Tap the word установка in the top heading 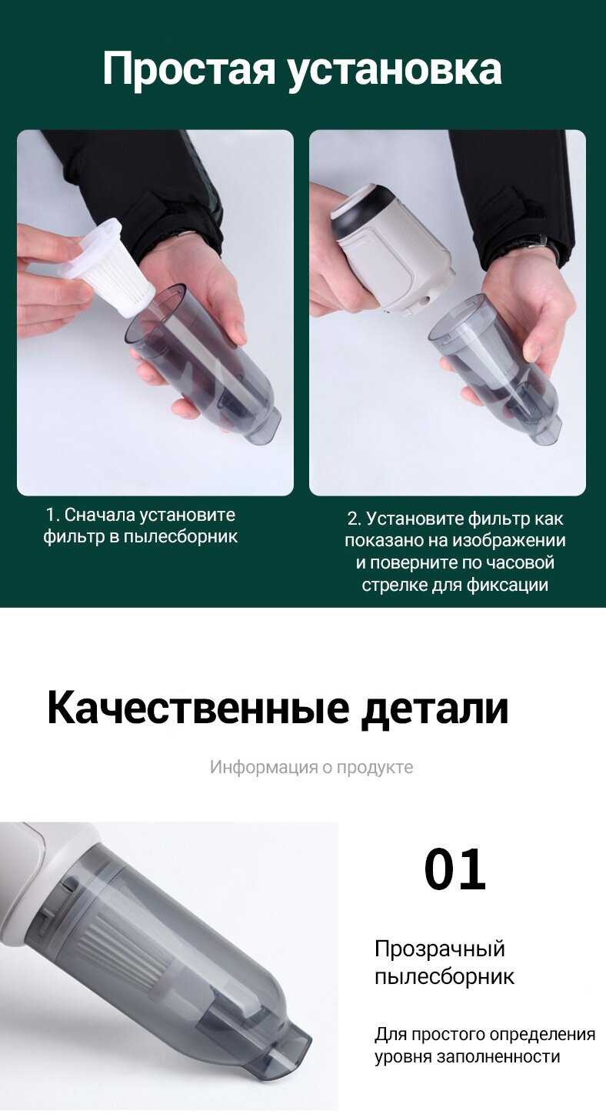click(395, 69)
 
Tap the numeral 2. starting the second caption click(354, 519)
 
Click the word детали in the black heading click(435, 709)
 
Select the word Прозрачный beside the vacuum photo click(439, 949)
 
